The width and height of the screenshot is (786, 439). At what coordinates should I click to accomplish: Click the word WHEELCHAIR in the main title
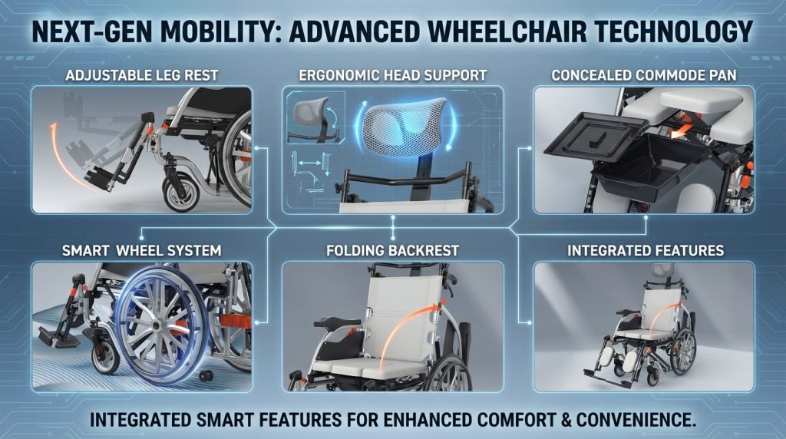(507, 31)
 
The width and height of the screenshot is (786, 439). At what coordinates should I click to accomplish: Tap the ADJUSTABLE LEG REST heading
(142, 76)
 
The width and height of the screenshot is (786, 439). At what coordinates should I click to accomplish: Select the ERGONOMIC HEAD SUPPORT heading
(392, 76)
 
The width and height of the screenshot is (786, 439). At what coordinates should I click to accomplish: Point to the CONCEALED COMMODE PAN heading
(644, 76)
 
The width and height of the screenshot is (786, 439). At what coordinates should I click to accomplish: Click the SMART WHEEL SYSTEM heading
(141, 250)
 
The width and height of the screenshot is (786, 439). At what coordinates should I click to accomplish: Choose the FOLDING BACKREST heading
(392, 250)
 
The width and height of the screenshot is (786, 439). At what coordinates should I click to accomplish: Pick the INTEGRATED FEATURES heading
(646, 250)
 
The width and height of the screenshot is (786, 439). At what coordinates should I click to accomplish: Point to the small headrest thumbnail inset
(315, 118)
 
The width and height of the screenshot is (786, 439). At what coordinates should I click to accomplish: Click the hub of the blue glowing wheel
(157, 325)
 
